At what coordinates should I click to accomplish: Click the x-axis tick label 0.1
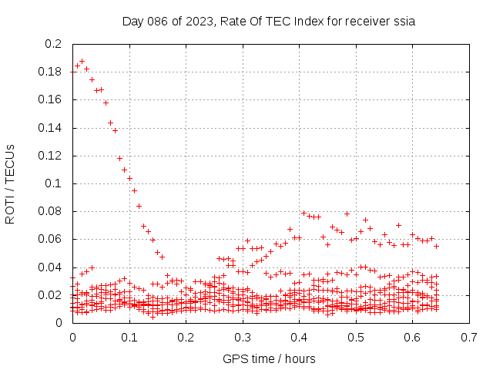click(x=129, y=337)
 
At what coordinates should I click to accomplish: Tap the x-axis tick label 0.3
click(x=243, y=337)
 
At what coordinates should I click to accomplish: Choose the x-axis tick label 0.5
click(x=356, y=337)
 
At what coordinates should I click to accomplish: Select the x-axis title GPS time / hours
click(x=269, y=358)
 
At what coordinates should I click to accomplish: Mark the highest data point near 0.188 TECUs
click(x=82, y=61)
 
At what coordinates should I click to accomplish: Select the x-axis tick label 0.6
click(x=413, y=337)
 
